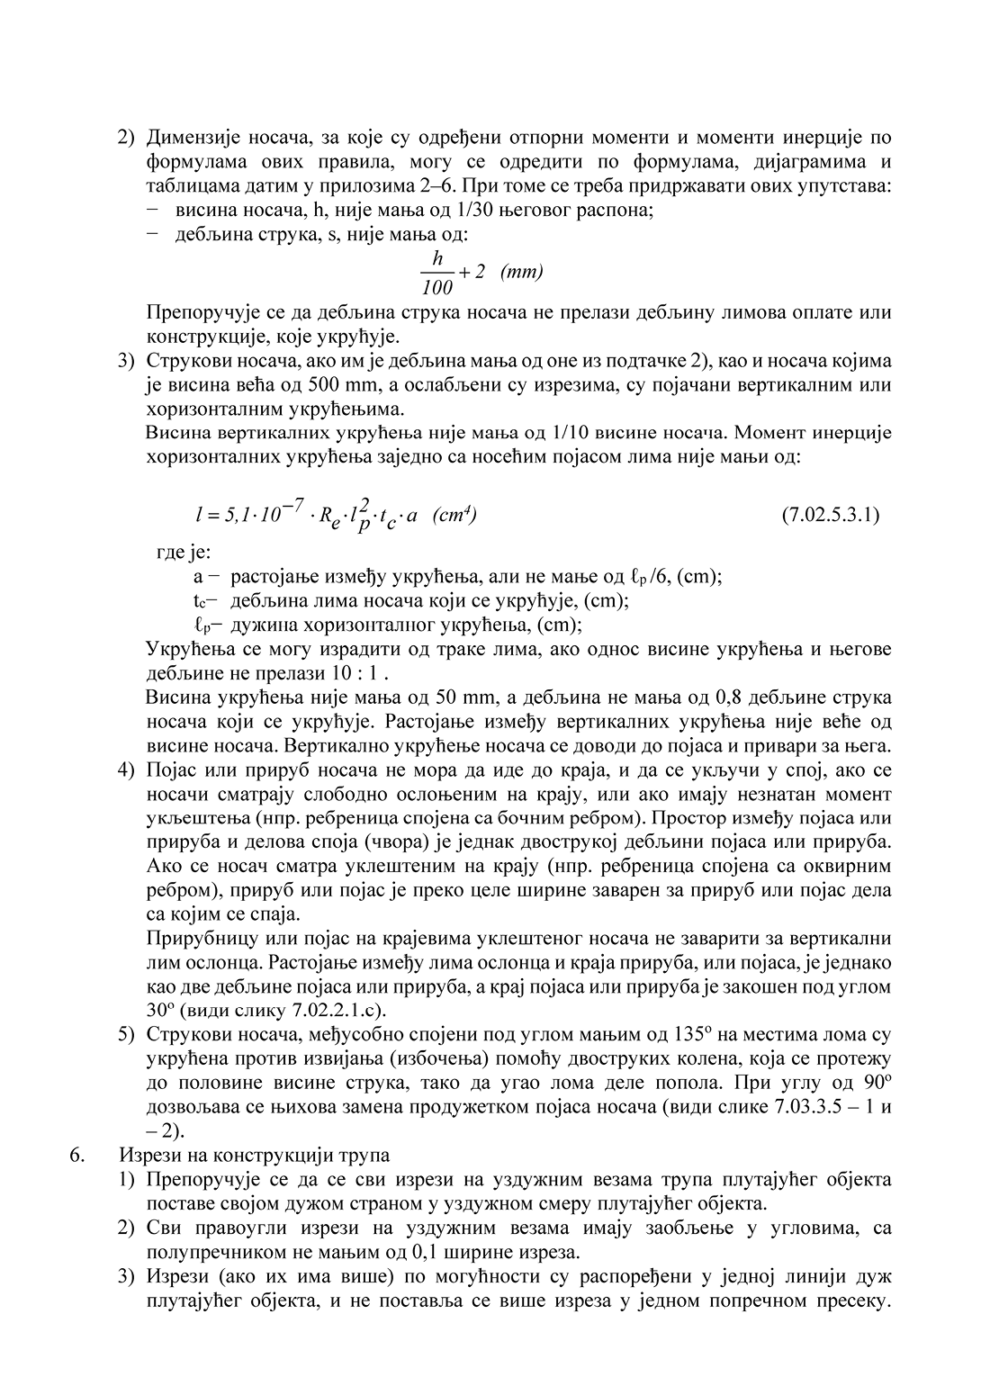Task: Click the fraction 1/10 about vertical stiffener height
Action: pos(571,433)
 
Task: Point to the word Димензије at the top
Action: pos(190,139)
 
